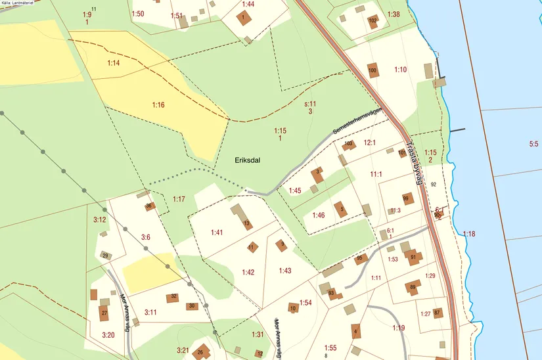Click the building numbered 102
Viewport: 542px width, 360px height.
point(373,21)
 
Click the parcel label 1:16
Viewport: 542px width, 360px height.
point(158,104)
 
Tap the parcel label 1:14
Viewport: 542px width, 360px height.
point(114,63)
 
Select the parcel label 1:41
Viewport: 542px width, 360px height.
point(217,233)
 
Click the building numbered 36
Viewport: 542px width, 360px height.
point(149,206)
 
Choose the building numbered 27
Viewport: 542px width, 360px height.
point(104,313)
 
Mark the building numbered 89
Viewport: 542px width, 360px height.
point(413,287)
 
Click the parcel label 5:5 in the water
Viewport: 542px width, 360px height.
point(533,143)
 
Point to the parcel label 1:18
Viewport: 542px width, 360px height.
point(468,234)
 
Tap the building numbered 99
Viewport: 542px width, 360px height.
point(407,198)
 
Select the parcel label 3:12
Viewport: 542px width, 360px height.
point(99,219)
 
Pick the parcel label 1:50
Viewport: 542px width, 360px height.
point(137,14)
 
